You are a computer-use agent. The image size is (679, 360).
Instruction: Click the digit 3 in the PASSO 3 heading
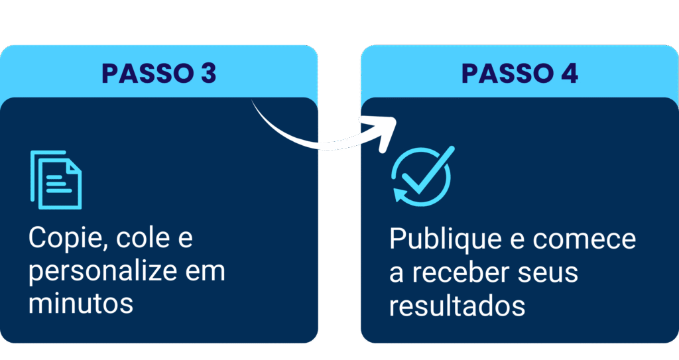208,74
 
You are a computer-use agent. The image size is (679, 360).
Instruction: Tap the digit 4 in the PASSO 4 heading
569,74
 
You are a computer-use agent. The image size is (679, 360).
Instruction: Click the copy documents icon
56,180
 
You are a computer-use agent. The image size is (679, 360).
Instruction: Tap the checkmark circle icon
422,174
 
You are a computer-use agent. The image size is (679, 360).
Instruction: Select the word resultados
457,306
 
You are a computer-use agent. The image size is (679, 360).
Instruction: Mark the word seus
550,273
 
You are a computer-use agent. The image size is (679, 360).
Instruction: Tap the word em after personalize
206,272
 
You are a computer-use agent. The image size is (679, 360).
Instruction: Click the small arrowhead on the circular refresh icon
400,194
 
